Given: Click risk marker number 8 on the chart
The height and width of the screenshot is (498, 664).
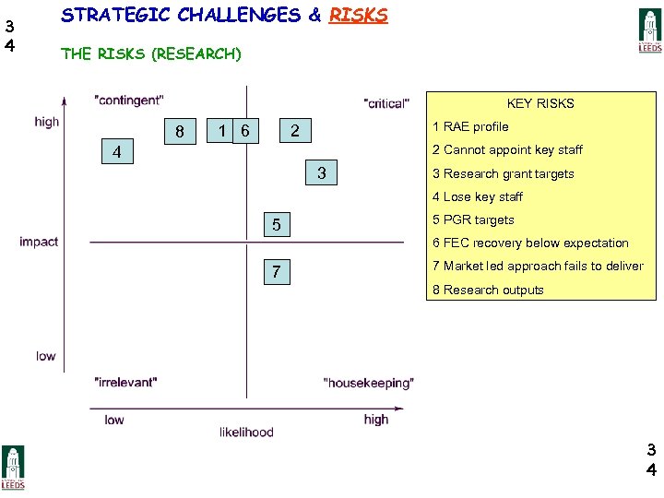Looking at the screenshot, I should coord(180,132).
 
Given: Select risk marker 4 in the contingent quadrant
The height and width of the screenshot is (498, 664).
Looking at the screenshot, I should coord(116,151).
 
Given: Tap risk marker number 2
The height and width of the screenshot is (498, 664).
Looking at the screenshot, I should coord(295,131).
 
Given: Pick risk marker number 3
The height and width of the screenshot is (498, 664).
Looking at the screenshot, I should coord(321,172).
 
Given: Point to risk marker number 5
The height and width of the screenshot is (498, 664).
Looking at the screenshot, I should coord(277,224).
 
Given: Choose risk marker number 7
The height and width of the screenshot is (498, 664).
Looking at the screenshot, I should coord(277,272).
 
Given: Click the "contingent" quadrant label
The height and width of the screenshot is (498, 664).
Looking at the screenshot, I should coord(129,100).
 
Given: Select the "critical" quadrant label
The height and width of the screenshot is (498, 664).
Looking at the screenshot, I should coord(386,103).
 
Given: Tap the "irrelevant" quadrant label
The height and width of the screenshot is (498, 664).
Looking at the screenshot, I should coord(125,381).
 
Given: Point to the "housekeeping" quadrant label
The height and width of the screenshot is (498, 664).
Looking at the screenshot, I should coord(369,383).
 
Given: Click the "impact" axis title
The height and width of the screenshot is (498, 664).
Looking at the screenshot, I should coord(39,242).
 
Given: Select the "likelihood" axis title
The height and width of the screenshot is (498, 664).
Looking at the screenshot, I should coord(246,432).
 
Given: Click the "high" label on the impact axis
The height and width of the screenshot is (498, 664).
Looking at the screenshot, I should coord(46,122).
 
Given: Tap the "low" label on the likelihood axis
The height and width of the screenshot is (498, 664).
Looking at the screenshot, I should coord(114,420).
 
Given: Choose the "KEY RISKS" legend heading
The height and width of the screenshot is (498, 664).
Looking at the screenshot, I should coord(540,103).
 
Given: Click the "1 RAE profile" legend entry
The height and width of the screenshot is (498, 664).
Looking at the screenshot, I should coord(470,126).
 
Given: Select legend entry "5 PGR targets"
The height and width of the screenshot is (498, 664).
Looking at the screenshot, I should coord(473,219).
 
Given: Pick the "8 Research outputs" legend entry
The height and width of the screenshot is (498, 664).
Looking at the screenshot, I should coord(488,290).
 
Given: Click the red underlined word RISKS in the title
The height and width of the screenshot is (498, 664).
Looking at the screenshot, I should coord(358,16).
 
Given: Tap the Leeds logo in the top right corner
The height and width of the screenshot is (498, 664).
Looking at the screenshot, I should coord(650,30).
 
